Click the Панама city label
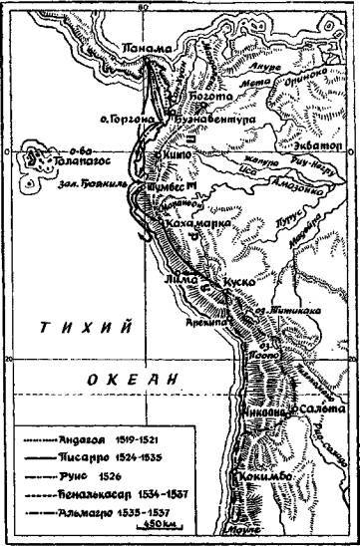coord(138,48)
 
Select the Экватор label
coord(318,145)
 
